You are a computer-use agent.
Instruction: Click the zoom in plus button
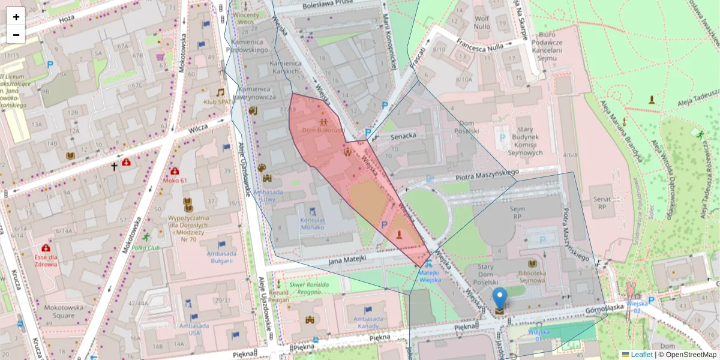[16, 17]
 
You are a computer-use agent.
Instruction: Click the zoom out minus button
[16, 35]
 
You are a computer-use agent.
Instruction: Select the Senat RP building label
[602, 202]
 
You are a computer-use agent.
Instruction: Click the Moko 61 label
[175, 180]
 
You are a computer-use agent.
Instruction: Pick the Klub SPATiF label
[218, 102]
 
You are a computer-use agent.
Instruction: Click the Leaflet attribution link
[641, 355]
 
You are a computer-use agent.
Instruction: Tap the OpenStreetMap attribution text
[689, 355]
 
